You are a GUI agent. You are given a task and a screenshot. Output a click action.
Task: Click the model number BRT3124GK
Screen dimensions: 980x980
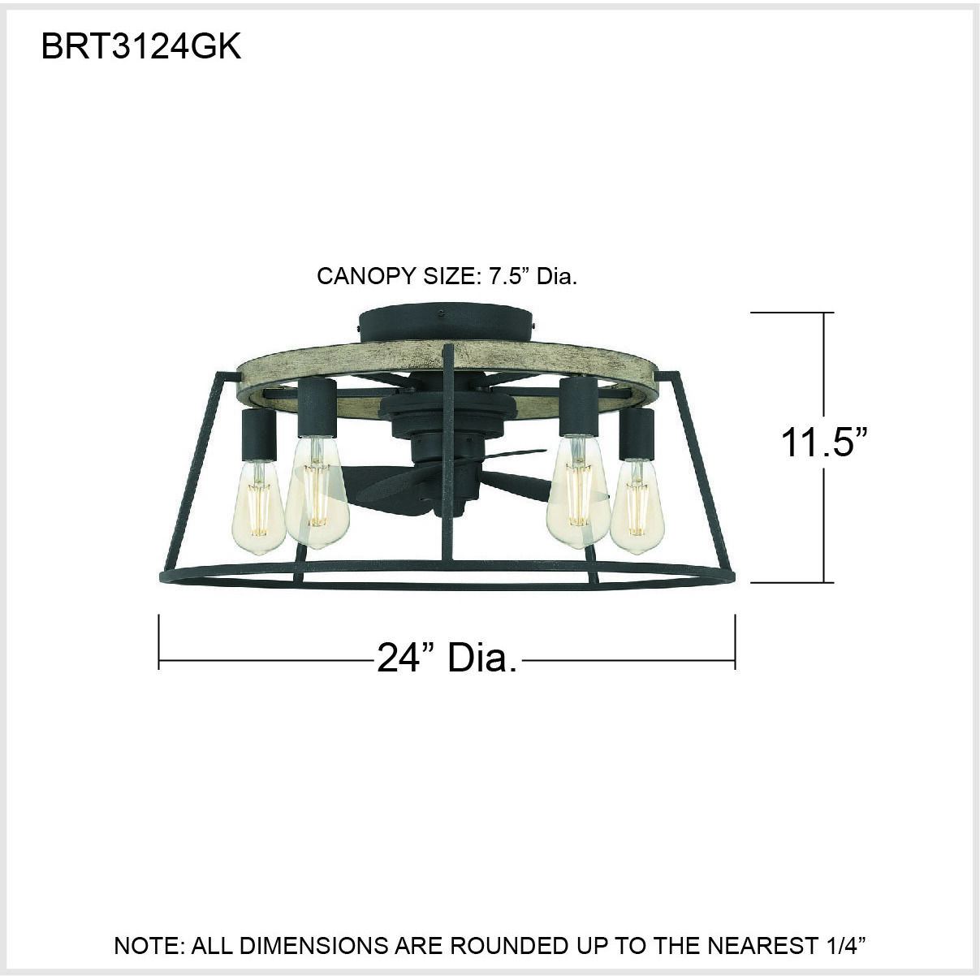coord(141,47)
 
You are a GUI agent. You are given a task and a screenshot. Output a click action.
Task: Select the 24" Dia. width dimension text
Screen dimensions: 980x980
coord(447,657)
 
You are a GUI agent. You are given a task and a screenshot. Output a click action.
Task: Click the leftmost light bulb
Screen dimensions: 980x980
coord(259,508)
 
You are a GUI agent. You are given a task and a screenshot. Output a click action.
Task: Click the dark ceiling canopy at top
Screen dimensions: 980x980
coord(446,324)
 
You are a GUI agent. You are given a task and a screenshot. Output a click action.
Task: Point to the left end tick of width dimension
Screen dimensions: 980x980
coord(159,641)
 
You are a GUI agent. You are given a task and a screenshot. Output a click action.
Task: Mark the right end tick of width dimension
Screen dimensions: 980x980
coord(735,641)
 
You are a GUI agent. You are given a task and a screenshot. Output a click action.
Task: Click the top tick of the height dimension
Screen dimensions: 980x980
coord(792,313)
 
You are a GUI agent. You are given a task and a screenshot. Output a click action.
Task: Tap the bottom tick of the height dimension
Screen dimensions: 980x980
coord(792,582)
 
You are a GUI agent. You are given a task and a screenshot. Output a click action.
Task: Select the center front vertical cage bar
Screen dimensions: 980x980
coord(445,455)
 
